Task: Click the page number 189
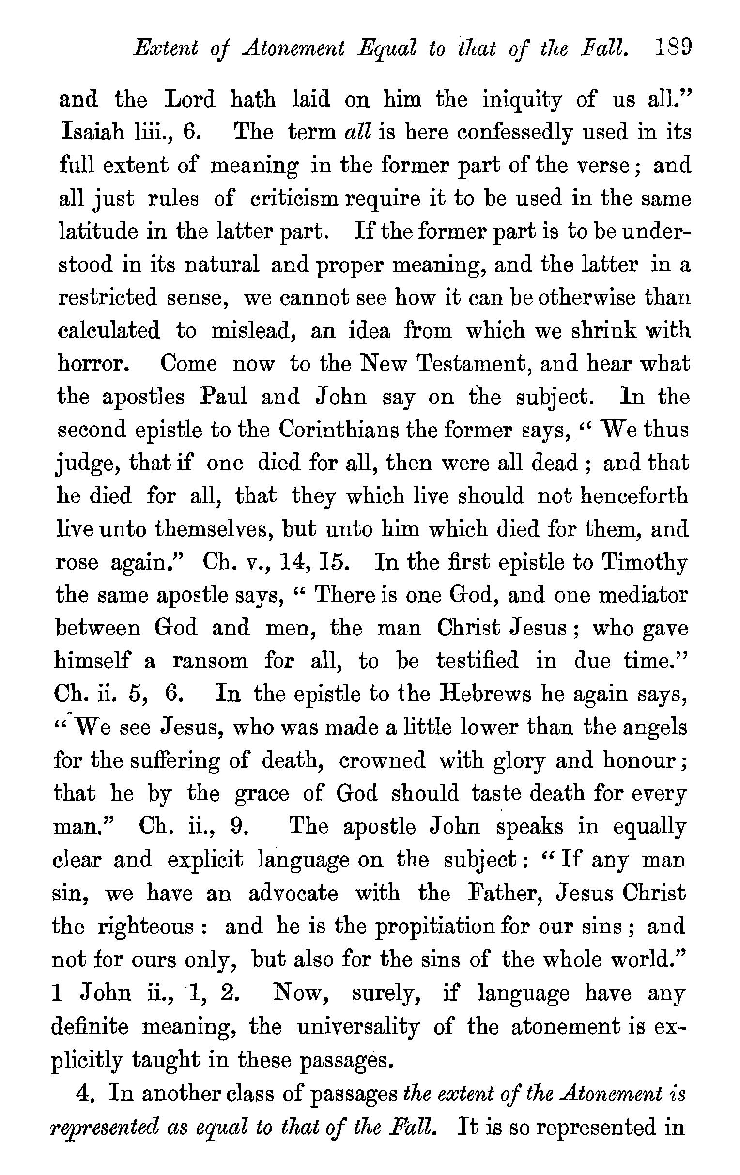(672, 49)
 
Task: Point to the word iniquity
(522, 100)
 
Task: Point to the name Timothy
(644, 563)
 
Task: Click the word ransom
(210, 661)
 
